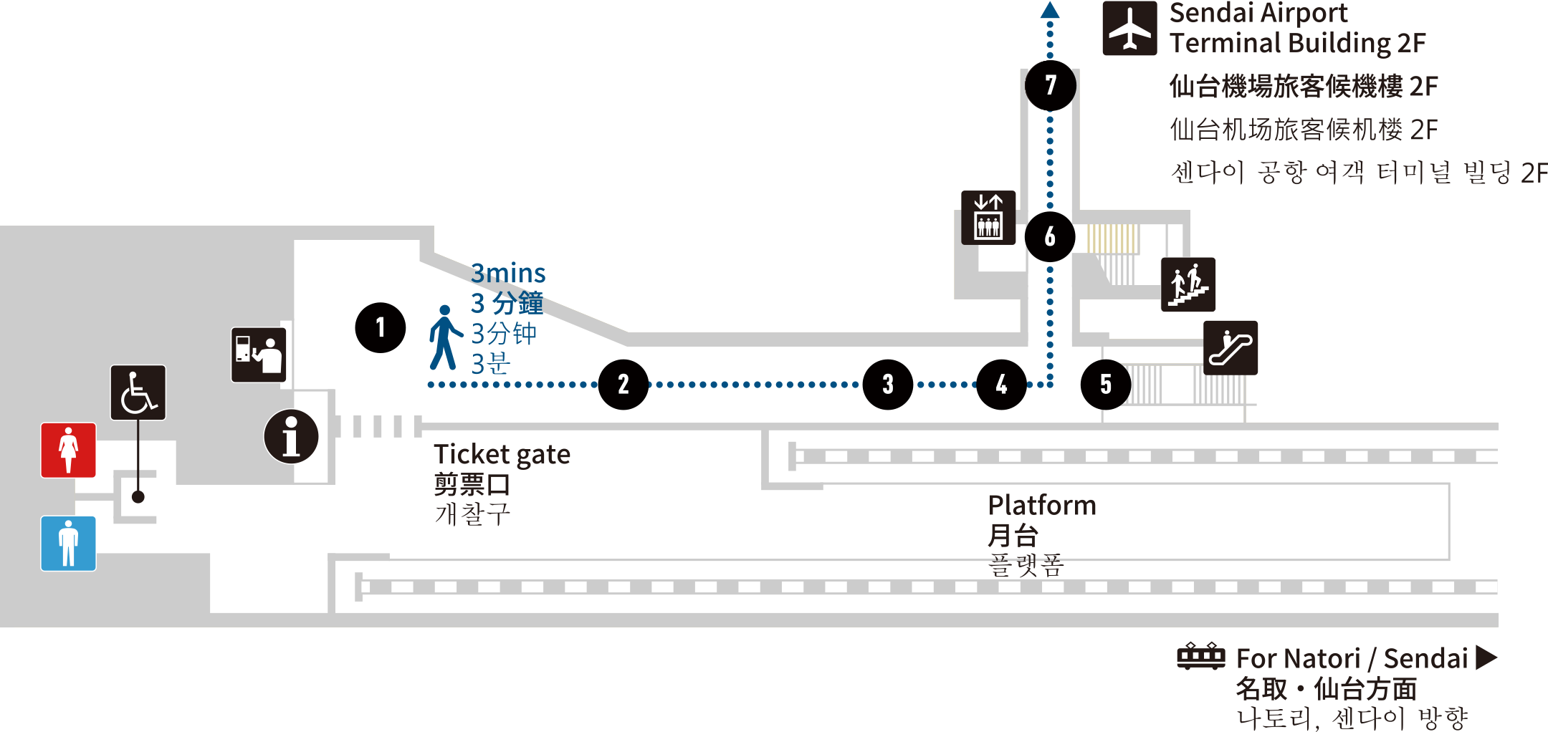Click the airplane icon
(1129, 29)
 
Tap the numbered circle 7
(1051, 85)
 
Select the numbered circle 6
(1050, 236)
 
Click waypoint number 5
(1106, 385)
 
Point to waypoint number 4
(1002, 385)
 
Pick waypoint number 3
(888, 385)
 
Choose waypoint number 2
(623, 385)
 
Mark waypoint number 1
(381, 327)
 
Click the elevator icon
(988, 218)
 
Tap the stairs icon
(1188, 284)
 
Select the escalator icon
(1231, 347)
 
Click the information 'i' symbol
(291, 436)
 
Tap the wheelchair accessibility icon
(138, 393)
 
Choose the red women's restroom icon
(69, 450)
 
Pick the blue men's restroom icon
(69, 543)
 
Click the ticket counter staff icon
(259, 355)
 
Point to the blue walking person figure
(444, 337)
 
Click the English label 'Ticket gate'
(502, 455)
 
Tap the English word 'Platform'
(1042, 506)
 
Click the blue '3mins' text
(508, 274)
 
